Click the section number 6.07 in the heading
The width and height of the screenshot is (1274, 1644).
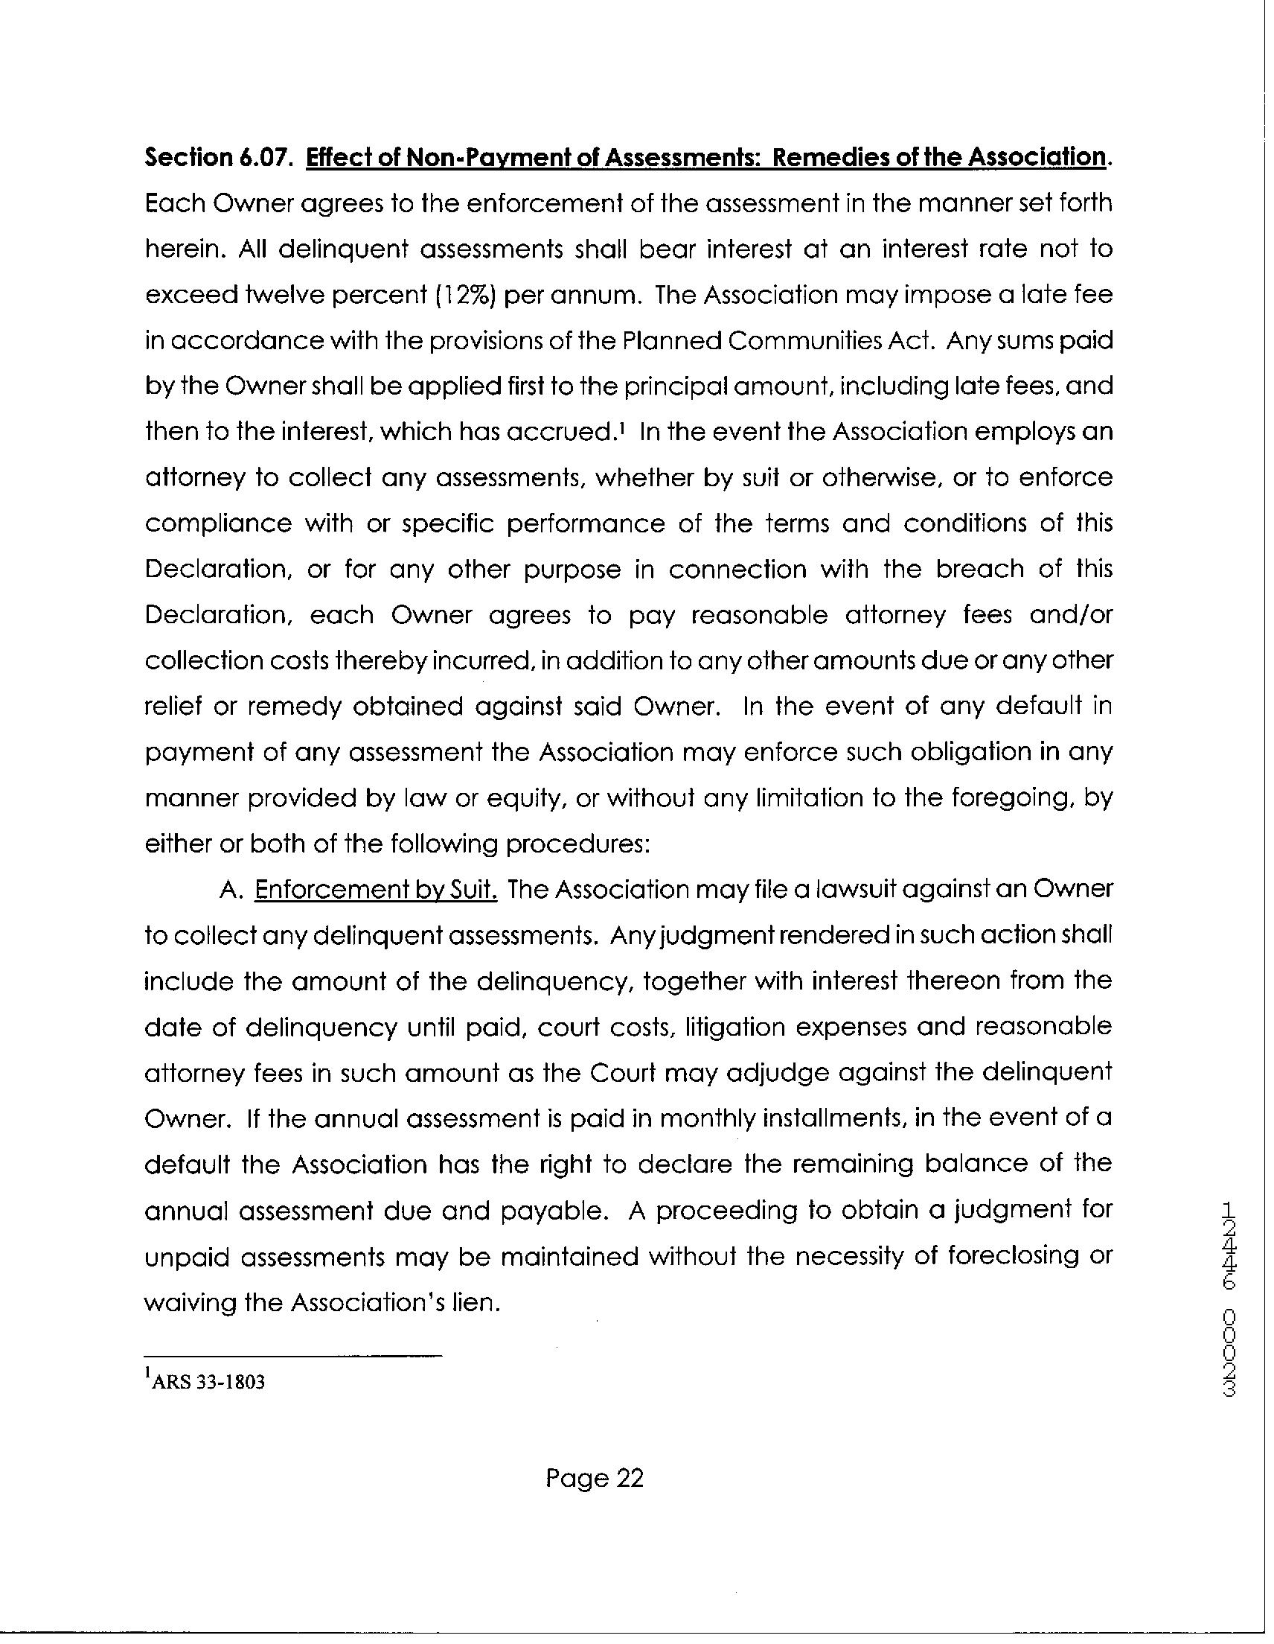265,157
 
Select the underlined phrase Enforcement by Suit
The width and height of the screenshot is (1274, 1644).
377,890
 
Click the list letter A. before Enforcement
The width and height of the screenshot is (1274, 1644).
228,890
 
